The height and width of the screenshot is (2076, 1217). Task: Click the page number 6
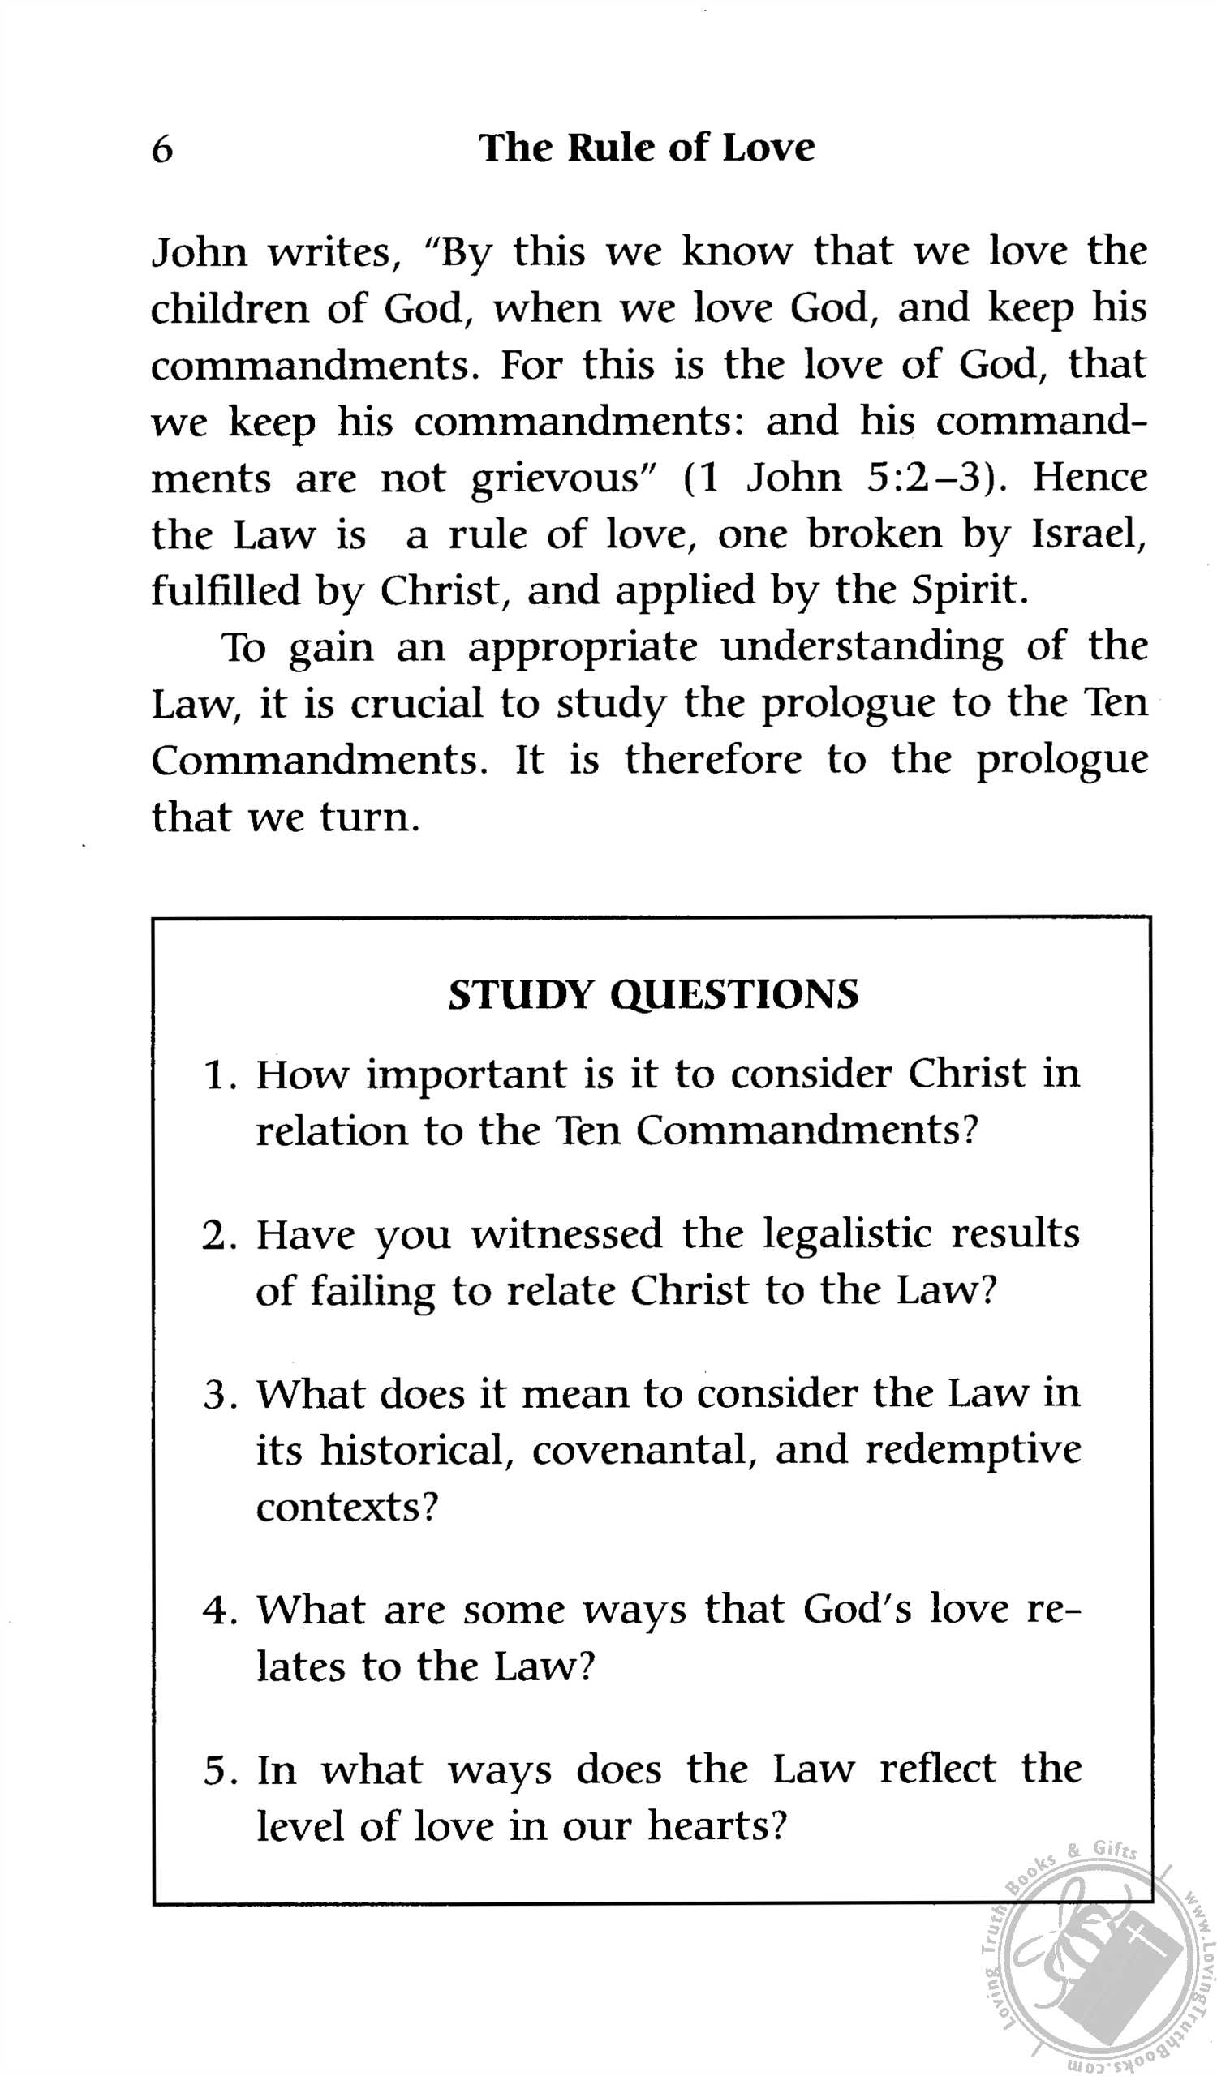tap(162, 149)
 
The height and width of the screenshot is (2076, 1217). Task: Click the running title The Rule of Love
tap(646, 148)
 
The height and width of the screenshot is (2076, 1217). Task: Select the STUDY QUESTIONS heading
tap(652, 994)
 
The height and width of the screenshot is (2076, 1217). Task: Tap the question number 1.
tap(216, 1075)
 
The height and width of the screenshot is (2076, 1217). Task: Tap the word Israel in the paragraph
tap(1089, 534)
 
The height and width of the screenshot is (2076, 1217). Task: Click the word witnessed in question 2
tap(566, 1234)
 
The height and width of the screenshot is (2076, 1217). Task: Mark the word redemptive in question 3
tap(972, 1450)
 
